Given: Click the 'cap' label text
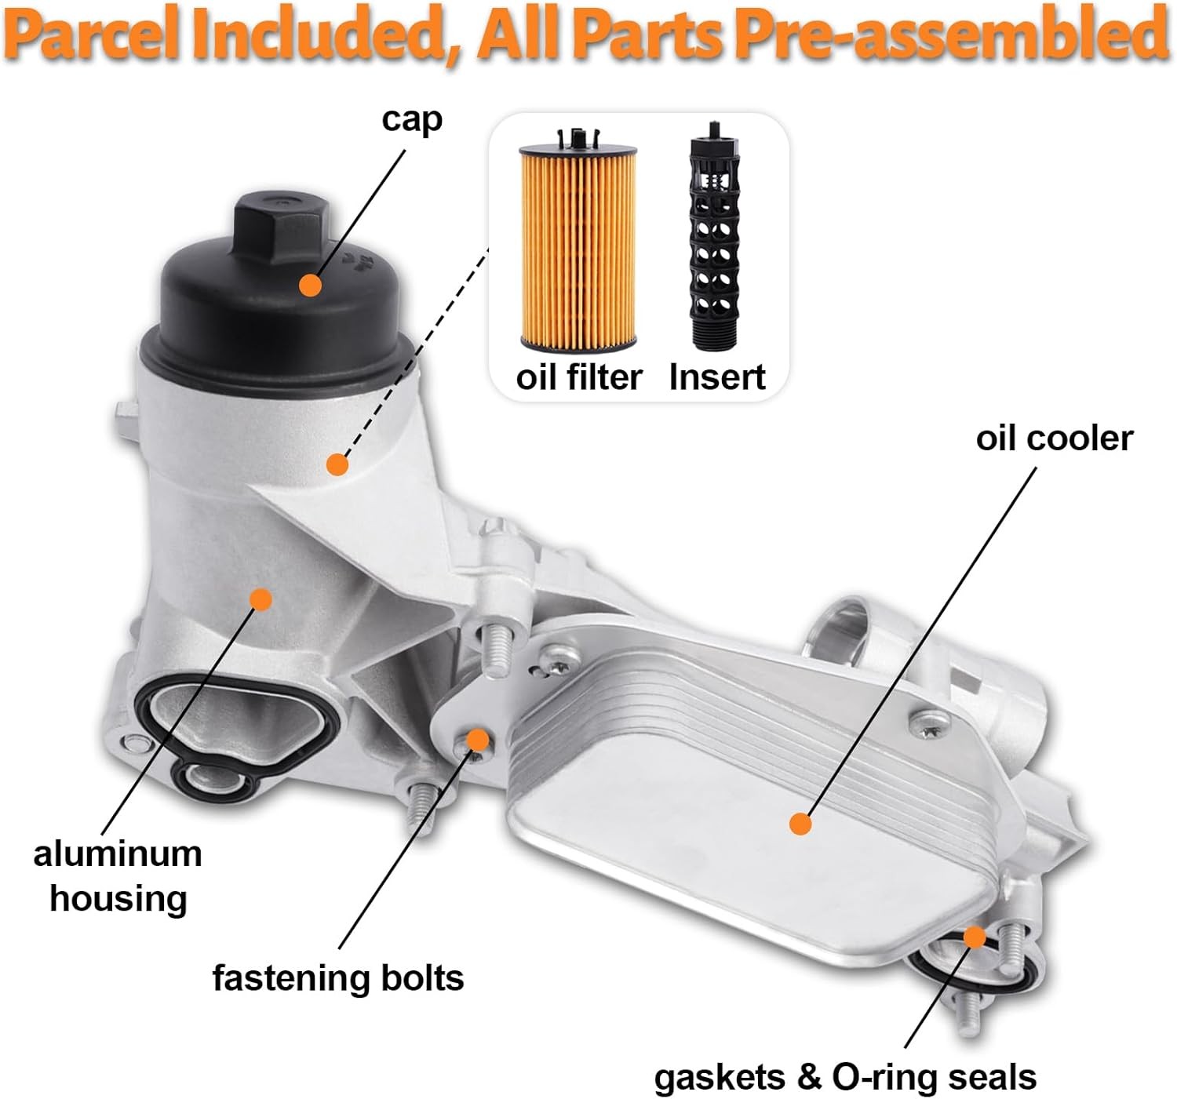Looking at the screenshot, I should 412,120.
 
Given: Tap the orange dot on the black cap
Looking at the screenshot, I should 311,284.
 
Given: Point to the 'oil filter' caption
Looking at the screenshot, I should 578,377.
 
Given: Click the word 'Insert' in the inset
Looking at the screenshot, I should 716,377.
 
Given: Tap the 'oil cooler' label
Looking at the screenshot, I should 1054,439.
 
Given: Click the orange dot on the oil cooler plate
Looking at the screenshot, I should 800,824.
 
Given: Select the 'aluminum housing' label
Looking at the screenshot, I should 118,876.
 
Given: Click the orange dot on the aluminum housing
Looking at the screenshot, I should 261,600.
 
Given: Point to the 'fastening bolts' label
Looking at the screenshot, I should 338,978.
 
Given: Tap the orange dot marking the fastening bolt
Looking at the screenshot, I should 477,740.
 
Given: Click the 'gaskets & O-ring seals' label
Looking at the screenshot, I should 845,1078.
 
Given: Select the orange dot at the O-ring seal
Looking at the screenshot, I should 975,937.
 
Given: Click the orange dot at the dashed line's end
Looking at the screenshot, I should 337,464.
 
